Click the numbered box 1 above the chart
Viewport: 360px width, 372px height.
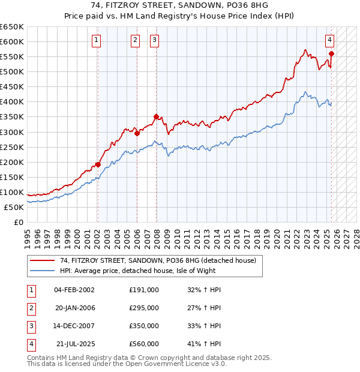point(97,40)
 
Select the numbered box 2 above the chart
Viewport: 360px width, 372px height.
point(135,40)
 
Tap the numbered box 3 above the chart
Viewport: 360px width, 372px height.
point(154,40)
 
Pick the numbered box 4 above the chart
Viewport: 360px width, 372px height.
point(330,40)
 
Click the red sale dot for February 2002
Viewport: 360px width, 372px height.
point(98,164)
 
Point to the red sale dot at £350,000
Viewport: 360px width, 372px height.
point(156,116)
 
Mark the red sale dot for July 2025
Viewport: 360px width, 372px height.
point(331,53)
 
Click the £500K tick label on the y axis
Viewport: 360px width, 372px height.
point(12,71)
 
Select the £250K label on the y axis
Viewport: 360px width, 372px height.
point(12,147)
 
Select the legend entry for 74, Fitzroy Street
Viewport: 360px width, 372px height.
point(158,260)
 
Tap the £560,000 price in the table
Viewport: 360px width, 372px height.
point(143,344)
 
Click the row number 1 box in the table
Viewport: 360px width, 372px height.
point(30,290)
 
